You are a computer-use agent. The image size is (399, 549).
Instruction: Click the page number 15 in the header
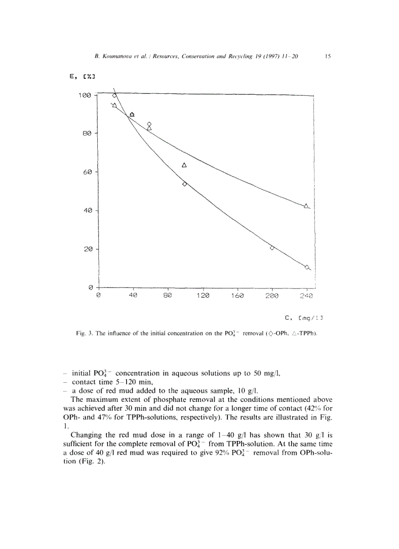click(328, 57)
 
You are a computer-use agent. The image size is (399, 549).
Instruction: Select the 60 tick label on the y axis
click(88, 172)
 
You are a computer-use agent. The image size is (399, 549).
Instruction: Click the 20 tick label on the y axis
click(88, 249)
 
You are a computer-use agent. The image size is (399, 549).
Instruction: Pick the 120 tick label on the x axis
click(202, 296)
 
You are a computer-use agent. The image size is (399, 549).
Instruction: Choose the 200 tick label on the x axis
click(272, 296)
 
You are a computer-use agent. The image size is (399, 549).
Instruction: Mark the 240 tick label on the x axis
click(307, 296)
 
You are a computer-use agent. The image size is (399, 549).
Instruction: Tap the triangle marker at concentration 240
click(307, 206)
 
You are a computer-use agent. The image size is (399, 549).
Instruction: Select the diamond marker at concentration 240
click(307, 267)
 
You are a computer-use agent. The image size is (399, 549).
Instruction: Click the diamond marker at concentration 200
click(272, 248)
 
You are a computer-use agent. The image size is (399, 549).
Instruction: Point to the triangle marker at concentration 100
click(184, 165)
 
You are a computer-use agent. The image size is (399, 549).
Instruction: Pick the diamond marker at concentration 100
click(184, 184)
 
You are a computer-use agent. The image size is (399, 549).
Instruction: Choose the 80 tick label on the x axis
click(168, 296)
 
